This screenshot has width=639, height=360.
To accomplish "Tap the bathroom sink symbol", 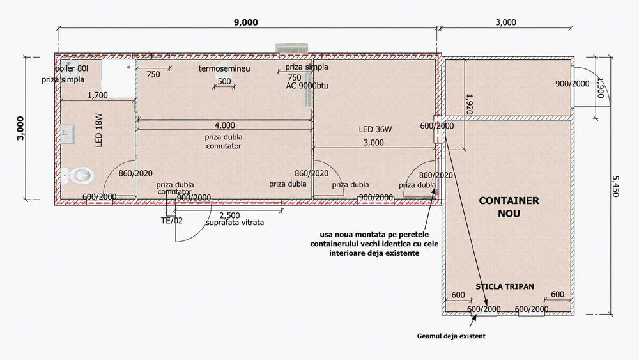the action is tap(67, 134).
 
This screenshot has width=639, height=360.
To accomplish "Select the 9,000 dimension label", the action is tap(246, 22).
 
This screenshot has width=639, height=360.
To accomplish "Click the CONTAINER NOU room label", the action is tap(509, 207).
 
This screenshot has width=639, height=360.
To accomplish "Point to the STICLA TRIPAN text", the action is tap(505, 286).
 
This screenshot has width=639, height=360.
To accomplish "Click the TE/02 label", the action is tap(171, 221).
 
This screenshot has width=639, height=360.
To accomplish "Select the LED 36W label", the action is tap(375, 130).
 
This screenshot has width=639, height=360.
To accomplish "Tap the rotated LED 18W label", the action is tap(98, 130).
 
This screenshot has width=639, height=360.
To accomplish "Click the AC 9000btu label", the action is tap(307, 86).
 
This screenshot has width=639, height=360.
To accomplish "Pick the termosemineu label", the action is tap(224, 68).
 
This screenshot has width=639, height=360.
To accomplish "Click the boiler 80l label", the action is tap(72, 68).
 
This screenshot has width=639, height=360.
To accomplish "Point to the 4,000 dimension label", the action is tap(224, 125).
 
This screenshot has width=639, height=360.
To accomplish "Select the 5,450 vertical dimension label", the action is tap(615, 186).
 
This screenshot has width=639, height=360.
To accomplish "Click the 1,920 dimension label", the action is tap(469, 104).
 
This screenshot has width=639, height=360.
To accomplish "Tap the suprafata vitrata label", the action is tap(235, 223).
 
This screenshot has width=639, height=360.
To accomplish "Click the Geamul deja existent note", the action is tap(451, 336).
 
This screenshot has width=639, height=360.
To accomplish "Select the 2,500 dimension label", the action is tap(229, 215).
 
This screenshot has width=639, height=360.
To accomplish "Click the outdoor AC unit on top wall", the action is tap(293, 48).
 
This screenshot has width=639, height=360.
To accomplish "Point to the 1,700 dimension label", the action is tap(98, 95).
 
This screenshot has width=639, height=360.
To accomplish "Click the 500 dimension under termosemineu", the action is tap(224, 81).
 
